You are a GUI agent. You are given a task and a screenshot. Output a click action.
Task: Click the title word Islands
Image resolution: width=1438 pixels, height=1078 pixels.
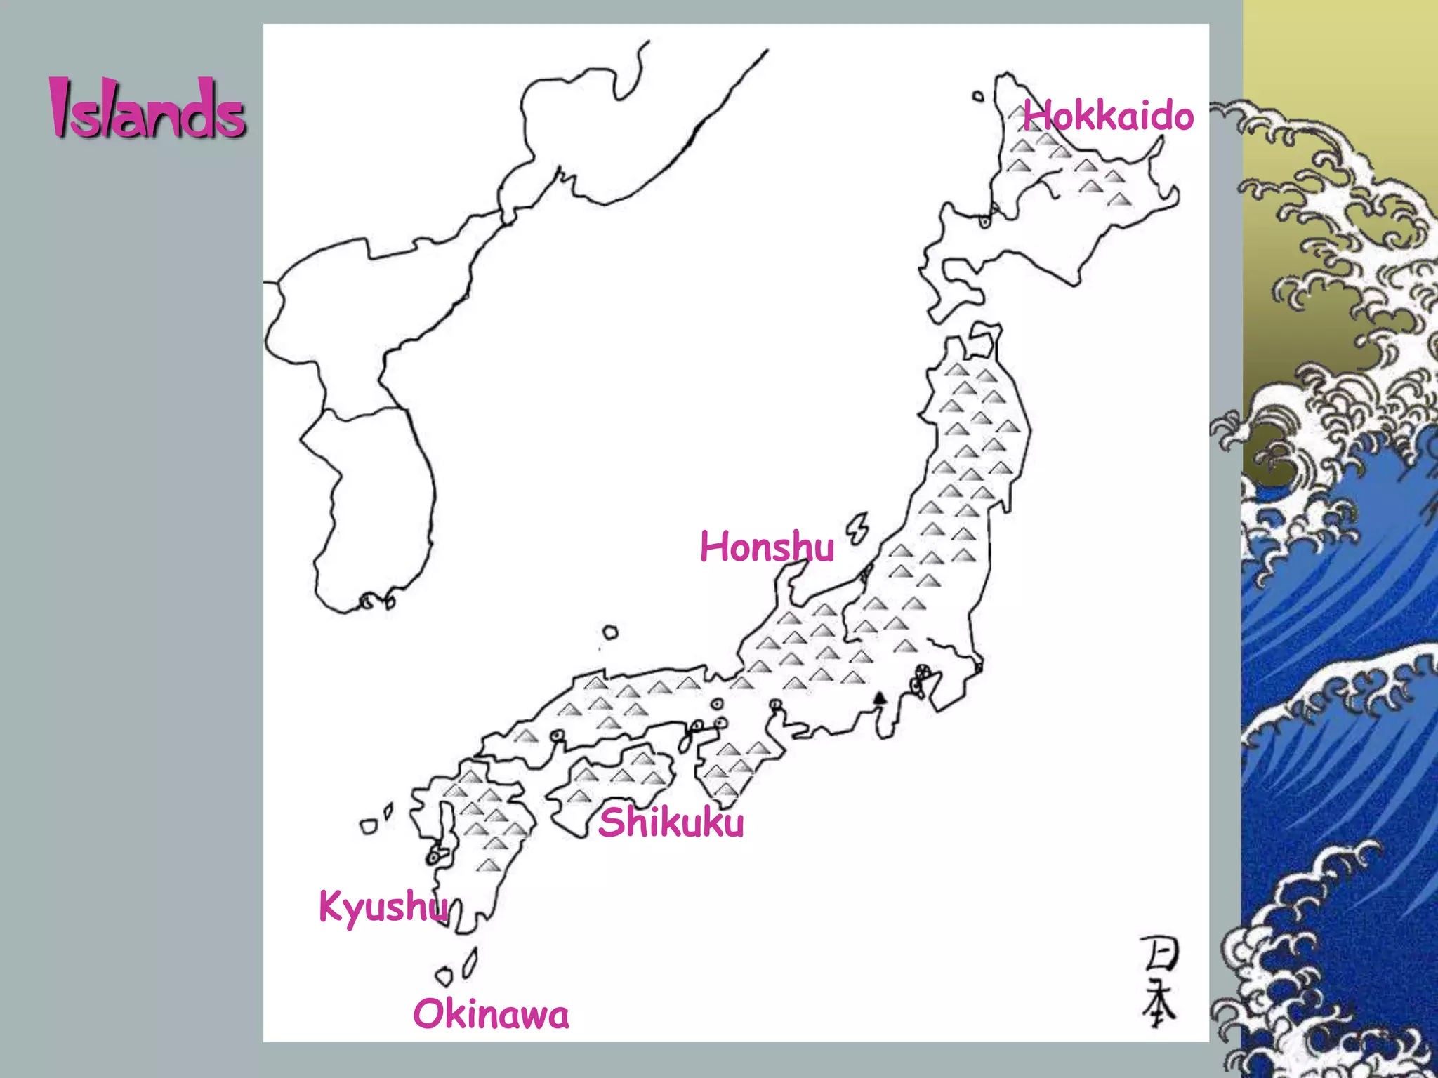147,109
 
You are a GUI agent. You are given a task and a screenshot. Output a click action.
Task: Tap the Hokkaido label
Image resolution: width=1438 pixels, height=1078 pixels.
1108,116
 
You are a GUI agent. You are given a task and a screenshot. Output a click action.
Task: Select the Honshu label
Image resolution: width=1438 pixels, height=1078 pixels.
767,547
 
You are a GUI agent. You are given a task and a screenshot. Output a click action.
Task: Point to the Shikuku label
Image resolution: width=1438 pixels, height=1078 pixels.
671,822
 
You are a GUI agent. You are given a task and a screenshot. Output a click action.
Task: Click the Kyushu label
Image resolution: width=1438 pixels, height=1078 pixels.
383,906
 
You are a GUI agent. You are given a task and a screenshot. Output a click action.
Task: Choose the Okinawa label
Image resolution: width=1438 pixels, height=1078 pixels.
491,1015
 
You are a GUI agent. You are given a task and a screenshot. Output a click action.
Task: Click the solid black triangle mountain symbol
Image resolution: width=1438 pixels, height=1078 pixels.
879,697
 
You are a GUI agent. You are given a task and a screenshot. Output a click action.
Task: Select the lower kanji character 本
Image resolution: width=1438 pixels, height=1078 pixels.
1159,1004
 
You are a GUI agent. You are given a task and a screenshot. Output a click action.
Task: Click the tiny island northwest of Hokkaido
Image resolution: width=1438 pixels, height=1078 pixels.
978,96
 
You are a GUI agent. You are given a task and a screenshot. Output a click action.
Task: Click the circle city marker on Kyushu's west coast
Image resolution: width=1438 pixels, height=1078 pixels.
434,858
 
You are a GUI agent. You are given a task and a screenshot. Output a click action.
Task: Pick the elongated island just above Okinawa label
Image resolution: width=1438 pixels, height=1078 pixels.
470,962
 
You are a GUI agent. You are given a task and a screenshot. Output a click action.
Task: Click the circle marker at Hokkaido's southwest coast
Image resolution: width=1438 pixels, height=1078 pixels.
985,222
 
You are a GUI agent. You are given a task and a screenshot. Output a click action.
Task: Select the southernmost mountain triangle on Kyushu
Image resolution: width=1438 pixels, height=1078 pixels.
489,865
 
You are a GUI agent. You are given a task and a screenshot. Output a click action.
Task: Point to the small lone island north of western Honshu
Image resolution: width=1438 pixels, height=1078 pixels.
610,632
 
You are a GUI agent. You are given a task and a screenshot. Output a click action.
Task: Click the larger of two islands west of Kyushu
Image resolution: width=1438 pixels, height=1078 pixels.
368,827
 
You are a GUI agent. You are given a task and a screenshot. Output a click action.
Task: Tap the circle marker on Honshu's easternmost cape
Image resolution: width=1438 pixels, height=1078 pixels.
978,665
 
